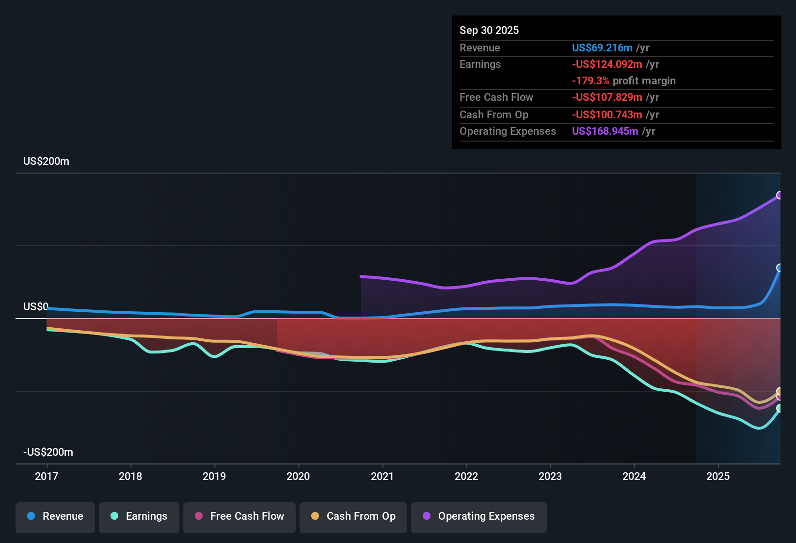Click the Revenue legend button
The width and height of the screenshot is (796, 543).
pos(55,516)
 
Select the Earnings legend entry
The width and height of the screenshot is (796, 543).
pos(139,516)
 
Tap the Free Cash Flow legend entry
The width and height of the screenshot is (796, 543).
pos(239,516)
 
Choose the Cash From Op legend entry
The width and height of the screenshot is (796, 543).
pos(353,516)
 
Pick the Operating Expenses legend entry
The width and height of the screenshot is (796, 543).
pos(479,516)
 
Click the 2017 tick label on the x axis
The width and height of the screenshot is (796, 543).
pos(47,476)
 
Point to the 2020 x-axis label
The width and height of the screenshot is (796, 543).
pos(298,476)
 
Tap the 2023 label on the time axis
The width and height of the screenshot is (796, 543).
pos(550,476)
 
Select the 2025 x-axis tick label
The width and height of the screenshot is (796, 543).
pos(718,476)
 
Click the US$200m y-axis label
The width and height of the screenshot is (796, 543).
pos(47,161)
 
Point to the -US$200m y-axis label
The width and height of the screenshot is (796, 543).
pos(48,452)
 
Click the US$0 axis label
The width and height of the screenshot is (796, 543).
pos(36,307)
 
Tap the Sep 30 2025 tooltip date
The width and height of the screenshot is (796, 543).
pos(489,30)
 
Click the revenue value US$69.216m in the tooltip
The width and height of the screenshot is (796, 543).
pos(602,48)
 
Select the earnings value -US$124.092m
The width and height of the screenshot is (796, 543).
pos(607,64)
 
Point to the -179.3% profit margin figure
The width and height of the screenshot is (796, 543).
pos(591,80)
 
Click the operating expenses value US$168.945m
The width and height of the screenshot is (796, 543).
pos(605,131)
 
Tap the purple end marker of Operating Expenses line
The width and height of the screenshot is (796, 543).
pos(780,195)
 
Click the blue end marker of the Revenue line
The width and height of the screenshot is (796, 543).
pos(780,268)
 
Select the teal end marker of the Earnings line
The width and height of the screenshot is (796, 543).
pos(780,408)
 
